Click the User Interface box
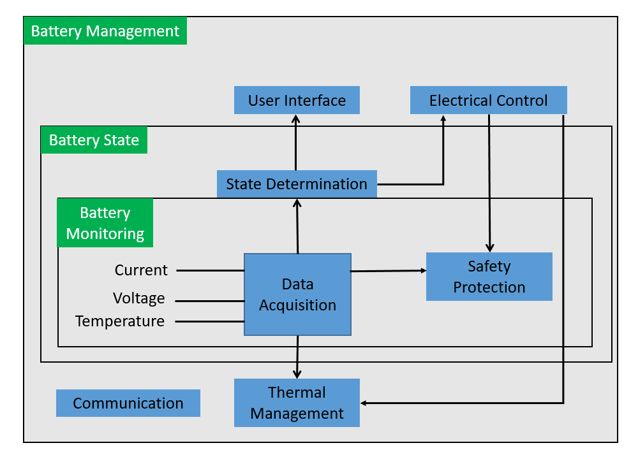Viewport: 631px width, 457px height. [x=297, y=101]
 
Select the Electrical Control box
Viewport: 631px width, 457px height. [x=488, y=101]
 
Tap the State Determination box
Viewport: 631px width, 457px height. [x=297, y=184]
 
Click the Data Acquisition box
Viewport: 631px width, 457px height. [x=297, y=294]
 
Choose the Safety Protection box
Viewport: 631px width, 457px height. [x=489, y=277]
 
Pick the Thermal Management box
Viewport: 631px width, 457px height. [x=297, y=403]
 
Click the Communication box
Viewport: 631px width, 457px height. [x=128, y=403]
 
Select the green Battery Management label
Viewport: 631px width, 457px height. [x=105, y=31]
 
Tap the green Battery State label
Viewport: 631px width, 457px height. [x=94, y=140]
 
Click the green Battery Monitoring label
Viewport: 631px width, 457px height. [x=105, y=223]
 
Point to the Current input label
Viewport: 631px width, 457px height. [x=141, y=270]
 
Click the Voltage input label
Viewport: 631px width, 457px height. [x=139, y=298]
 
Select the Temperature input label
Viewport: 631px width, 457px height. [x=120, y=321]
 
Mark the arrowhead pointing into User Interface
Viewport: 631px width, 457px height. [x=296, y=119]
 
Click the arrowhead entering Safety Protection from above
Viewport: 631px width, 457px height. [x=490, y=248]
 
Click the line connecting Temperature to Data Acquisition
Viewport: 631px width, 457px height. [x=210, y=321]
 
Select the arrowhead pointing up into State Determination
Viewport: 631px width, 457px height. [x=297, y=203]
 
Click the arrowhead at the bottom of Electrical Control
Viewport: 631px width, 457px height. [x=443, y=119]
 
